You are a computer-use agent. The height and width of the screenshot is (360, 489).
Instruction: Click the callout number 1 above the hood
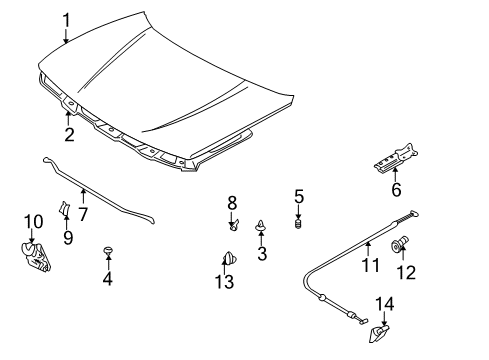(x=66, y=18)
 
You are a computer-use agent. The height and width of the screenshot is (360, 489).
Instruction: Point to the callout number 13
(x=226, y=284)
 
